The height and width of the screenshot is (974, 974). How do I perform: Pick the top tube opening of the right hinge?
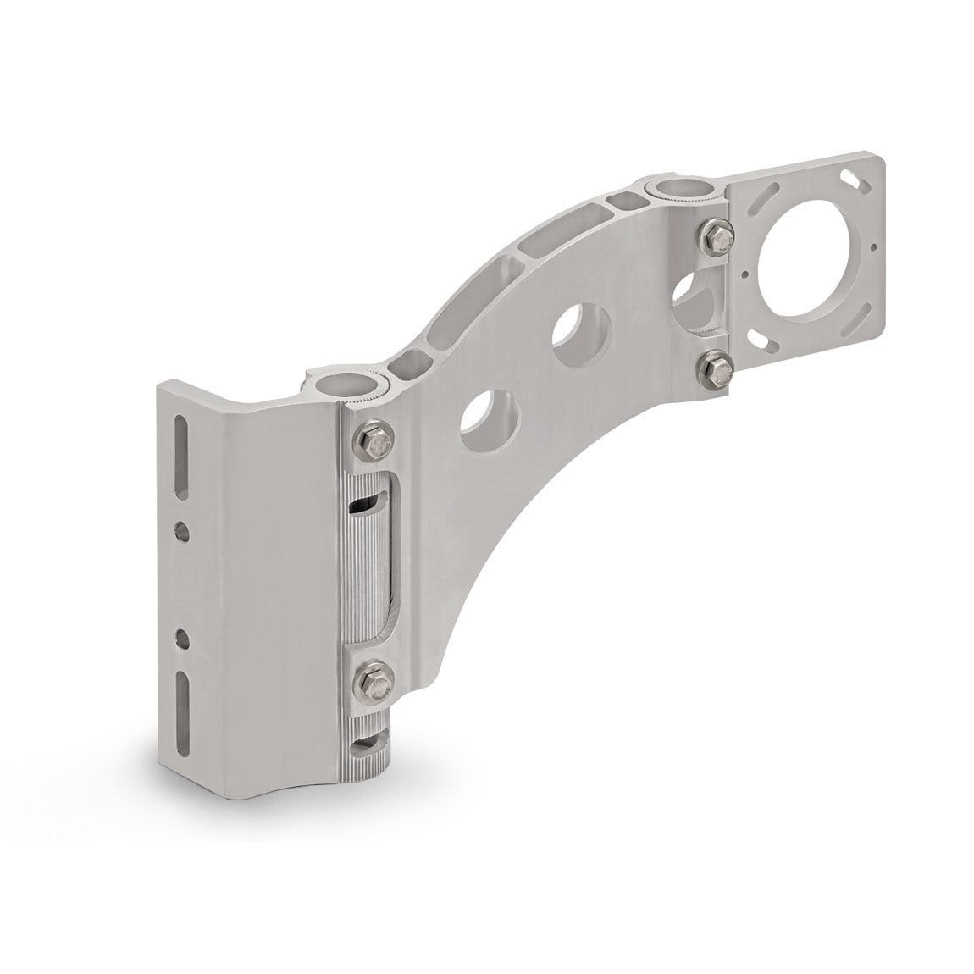tap(672, 188)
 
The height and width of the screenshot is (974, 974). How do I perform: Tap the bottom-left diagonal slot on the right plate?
tap(767, 346)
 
